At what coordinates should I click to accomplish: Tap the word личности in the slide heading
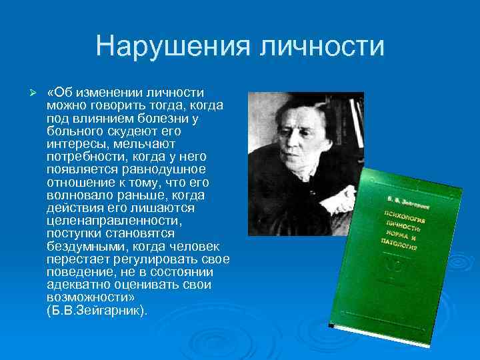[321, 47]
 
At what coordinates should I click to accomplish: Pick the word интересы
[75, 143]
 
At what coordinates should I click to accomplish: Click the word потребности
[83, 157]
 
